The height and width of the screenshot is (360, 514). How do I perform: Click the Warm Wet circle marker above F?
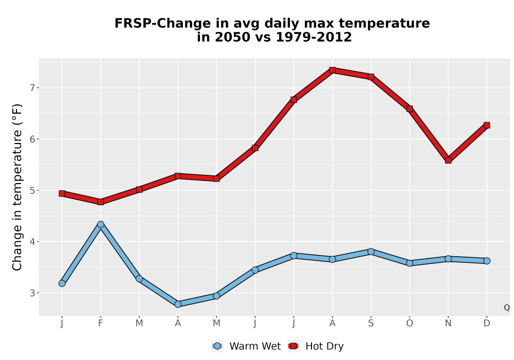coord(101,225)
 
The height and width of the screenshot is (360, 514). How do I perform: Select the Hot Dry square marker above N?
coord(448,160)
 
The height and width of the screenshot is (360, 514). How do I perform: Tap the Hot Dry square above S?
coord(371,77)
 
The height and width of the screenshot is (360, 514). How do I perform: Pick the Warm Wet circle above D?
coord(487,261)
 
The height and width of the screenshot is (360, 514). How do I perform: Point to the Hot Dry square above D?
coord(487,125)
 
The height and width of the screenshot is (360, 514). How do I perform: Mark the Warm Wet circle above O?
coord(410,263)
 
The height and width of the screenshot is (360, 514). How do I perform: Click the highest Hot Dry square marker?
coord(332,70)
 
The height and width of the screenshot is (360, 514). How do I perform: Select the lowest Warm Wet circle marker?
coord(178,304)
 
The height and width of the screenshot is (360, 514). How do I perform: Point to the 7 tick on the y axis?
coord(32,88)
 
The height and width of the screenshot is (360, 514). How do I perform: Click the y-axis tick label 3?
coord(32,293)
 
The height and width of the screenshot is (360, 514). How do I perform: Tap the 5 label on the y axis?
coord(32,190)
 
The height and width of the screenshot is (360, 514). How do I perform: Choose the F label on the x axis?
coord(101,323)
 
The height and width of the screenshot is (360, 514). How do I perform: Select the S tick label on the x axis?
coord(371,323)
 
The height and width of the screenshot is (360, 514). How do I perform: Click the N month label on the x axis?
coord(448,323)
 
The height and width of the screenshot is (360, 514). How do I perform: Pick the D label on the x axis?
coord(487,323)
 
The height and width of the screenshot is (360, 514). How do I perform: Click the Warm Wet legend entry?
coord(246,346)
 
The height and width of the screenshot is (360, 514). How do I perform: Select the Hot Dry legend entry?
coord(316,346)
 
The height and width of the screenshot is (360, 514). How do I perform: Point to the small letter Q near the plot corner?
coord(507,308)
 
